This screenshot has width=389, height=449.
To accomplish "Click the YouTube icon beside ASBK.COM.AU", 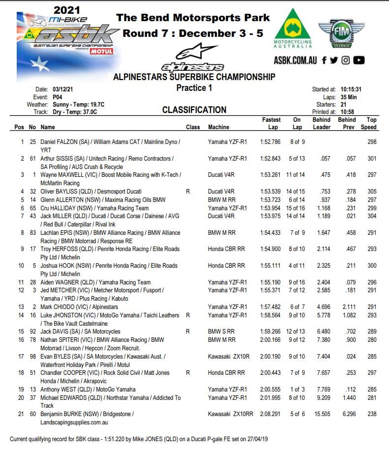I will pos(359,60).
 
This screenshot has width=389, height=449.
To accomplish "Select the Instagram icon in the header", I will pos(346,60).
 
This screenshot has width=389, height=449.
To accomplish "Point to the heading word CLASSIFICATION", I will pos(194,110).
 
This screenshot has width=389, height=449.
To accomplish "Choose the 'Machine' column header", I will pos(218,127).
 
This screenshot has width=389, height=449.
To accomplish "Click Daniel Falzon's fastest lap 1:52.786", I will pos(271,142).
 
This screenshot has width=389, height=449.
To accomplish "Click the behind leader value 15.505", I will pos(321,414).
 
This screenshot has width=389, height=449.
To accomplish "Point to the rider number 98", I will pos(33,356).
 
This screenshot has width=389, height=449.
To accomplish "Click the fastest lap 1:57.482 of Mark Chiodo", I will pos(271,307).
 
